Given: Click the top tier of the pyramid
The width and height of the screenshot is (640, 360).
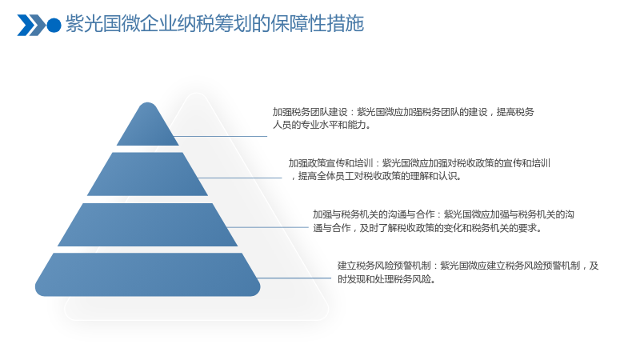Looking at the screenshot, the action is [148, 126].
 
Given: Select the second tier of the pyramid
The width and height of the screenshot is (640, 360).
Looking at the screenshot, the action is [148, 174].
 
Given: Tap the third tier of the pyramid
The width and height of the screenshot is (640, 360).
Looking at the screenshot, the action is [148, 225].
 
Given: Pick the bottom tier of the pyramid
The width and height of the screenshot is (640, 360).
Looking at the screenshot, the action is [148, 274].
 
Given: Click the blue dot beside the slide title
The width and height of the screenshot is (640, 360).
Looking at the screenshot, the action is [54, 26].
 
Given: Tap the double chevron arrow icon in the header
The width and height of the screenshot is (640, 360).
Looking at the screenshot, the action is [31, 26].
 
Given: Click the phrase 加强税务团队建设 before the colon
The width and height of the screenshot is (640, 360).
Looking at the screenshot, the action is [310, 112].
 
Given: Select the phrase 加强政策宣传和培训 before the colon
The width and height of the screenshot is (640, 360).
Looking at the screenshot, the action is [330, 163].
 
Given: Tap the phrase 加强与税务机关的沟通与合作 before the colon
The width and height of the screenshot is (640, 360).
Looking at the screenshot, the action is [374, 214].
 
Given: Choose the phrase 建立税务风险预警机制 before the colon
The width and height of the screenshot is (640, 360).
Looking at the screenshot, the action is [384, 266].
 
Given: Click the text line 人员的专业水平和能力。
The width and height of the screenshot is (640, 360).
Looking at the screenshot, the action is [322, 125].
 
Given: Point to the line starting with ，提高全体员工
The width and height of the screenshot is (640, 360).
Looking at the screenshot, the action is [376, 176].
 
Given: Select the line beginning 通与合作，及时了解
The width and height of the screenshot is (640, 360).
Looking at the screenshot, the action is [428, 228].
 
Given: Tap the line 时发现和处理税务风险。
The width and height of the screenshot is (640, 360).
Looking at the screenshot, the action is [387, 279].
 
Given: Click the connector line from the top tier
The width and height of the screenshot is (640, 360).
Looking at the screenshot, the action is [221, 136].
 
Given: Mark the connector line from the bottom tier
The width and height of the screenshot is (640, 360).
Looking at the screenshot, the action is [294, 278].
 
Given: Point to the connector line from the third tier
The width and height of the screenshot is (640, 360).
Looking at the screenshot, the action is [267, 227].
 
